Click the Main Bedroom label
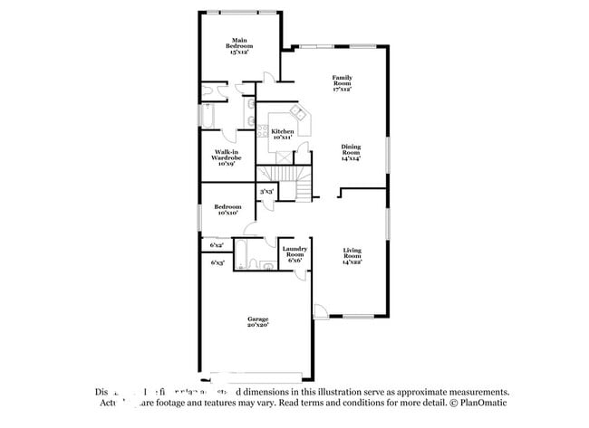click(239, 47)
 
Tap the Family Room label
click(342, 83)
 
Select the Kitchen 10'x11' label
click(282, 134)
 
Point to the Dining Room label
click(350, 152)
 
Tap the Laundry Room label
click(294, 252)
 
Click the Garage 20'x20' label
click(258, 321)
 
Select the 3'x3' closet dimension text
click(267, 192)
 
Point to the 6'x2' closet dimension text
click(217, 245)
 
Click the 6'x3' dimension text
click(217, 262)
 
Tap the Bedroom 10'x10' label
click(226, 210)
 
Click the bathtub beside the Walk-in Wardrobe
click(208, 119)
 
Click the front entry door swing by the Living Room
click(321, 312)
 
